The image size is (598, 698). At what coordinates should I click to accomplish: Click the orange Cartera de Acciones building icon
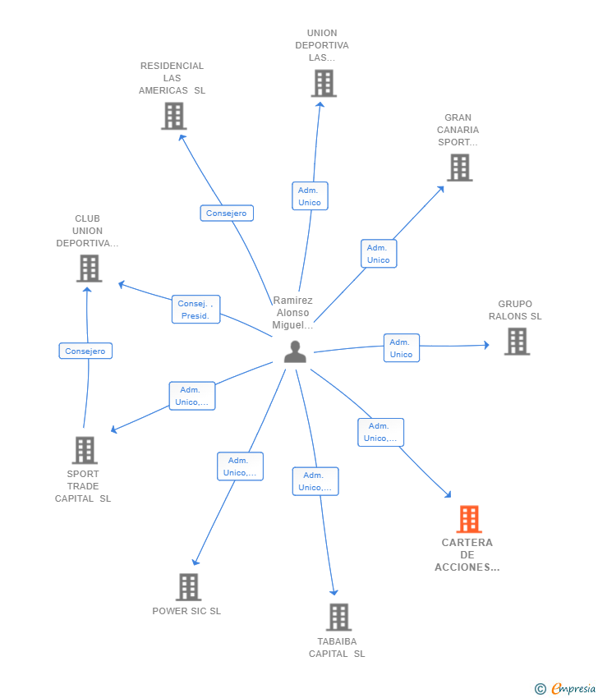(468, 519)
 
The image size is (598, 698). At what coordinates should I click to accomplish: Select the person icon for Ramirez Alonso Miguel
(295, 351)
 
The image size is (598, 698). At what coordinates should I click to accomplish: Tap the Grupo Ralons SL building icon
(517, 341)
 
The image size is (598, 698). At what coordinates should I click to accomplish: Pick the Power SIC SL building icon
(188, 586)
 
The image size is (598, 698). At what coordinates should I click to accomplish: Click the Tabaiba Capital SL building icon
(338, 617)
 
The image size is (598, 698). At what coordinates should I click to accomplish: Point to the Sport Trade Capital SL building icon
(85, 450)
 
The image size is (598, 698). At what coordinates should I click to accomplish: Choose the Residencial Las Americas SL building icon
(173, 116)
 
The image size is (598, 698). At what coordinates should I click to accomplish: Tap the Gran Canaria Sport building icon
(459, 168)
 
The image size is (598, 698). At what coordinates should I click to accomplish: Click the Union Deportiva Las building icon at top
(324, 83)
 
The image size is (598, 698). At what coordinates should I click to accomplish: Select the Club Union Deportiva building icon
(89, 268)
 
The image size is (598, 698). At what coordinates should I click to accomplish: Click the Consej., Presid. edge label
(195, 310)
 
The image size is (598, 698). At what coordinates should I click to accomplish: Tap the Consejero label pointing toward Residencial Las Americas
(227, 214)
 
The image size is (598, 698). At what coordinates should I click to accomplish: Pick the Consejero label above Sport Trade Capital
(85, 351)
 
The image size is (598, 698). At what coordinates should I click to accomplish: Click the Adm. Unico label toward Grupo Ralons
(401, 348)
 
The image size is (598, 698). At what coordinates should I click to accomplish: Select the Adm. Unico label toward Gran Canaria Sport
(378, 254)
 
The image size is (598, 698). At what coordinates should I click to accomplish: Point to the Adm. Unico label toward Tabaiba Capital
(315, 481)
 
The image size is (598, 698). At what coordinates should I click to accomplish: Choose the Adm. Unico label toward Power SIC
(240, 466)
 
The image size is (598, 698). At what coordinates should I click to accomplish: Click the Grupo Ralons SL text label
(515, 310)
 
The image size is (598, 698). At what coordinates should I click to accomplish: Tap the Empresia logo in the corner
(566, 689)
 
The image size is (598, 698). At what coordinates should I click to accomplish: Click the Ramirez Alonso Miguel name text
(292, 313)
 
